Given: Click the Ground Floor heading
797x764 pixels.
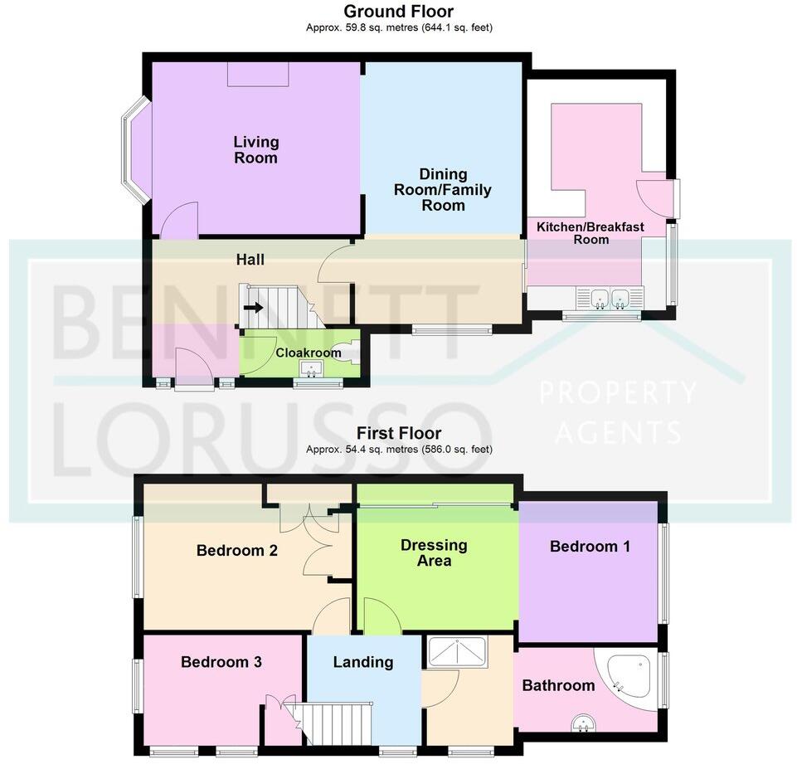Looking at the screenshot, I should click(x=398, y=11).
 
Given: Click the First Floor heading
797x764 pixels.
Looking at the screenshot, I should click(x=398, y=433).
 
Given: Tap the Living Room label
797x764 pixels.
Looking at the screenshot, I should click(x=255, y=150).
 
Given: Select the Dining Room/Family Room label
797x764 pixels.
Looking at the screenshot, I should click(x=443, y=189).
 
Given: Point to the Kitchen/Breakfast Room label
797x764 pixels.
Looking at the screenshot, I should click(x=590, y=233).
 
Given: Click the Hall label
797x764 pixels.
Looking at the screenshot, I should click(x=250, y=260).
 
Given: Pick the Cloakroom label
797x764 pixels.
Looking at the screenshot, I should click(x=309, y=353).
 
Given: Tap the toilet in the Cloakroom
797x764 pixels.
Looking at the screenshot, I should click(x=350, y=352).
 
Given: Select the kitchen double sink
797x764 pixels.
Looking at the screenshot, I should click(x=608, y=298).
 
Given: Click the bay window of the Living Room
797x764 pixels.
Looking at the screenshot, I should click(x=134, y=149).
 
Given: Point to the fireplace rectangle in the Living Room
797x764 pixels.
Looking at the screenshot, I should click(x=258, y=75).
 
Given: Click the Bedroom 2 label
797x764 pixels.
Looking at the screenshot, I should click(x=236, y=550).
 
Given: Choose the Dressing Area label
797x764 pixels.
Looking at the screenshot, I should click(x=434, y=553).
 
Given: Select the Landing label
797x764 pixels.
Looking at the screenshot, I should click(x=362, y=662).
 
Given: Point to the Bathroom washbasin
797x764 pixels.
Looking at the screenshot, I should click(x=583, y=723).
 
